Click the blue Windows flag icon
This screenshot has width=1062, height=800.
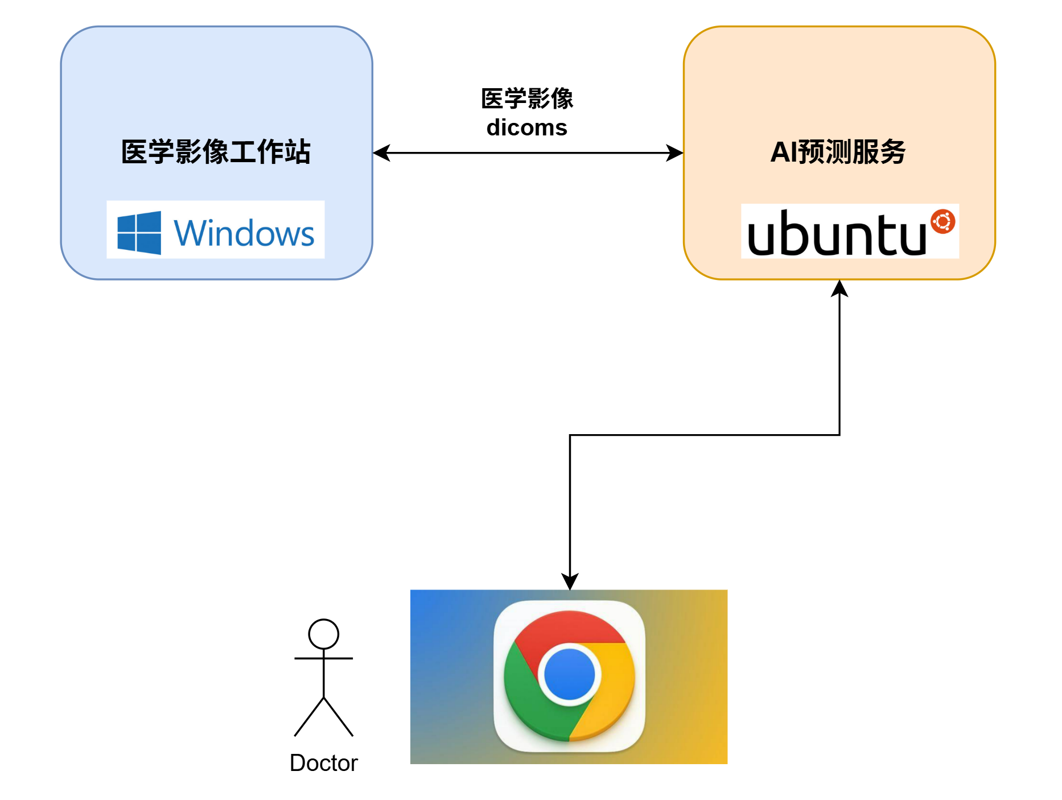click(139, 233)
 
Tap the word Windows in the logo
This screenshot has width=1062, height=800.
click(244, 233)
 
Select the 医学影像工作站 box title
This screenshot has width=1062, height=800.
click(216, 152)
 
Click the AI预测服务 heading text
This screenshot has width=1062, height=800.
click(838, 152)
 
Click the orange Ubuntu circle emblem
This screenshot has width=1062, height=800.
click(942, 221)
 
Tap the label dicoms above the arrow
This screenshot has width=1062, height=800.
click(526, 127)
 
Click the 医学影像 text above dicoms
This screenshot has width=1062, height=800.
click(526, 98)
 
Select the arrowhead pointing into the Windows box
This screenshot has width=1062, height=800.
click(381, 152)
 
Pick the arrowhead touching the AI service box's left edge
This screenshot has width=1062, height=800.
click(675, 152)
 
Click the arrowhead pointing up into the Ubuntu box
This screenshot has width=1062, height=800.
click(839, 288)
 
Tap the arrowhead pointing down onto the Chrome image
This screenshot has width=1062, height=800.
click(570, 582)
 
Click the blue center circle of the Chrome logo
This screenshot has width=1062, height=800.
click(569, 674)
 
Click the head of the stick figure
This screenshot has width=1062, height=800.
click(323, 634)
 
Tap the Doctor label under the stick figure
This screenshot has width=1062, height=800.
click(323, 763)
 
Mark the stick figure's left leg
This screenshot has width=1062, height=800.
click(309, 717)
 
